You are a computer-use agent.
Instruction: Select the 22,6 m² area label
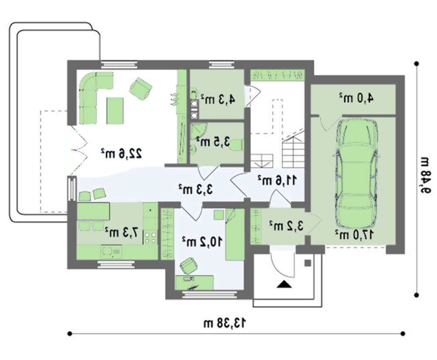121,154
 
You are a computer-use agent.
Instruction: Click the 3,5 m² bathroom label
214,142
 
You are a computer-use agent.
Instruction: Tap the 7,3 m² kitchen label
121,232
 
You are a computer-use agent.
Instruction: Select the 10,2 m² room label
202,241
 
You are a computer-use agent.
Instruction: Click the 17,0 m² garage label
354,235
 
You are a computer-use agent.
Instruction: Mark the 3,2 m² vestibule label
286,225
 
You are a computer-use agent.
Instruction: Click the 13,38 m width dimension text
225,323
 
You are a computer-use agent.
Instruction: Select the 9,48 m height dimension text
426,175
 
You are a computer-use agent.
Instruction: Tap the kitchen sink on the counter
111,252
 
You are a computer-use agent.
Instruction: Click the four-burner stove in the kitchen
150,238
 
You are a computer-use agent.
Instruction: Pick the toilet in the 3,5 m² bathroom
236,145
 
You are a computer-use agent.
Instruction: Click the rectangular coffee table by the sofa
115,111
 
